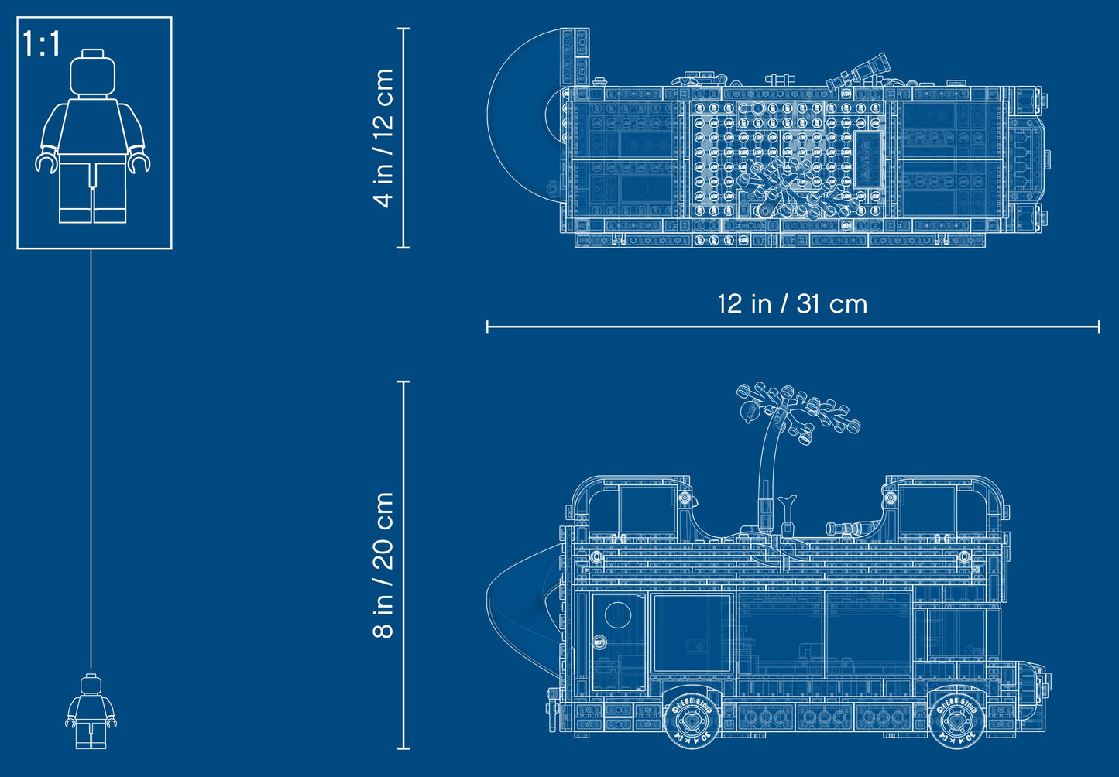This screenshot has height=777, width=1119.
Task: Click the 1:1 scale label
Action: pos(41,44)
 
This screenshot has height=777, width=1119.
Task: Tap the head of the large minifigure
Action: pos(92,74)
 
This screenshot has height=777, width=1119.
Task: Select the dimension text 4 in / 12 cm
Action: pos(383,138)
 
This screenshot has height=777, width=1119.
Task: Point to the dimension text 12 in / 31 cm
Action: pos(791,304)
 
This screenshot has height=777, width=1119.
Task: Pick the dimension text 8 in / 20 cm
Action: pos(383,565)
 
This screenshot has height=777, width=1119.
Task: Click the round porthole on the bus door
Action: pos(618,615)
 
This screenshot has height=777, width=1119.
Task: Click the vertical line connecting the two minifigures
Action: pos(91,457)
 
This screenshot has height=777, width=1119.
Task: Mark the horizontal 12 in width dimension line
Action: pos(791,327)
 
